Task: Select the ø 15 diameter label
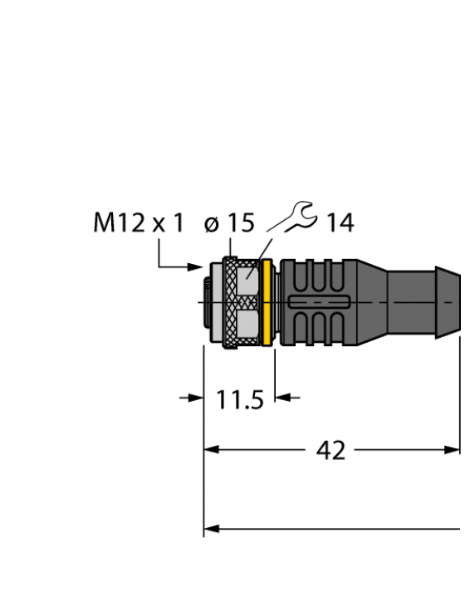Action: pyautogui.click(x=228, y=222)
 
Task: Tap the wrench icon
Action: pyautogui.click(x=296, y=217)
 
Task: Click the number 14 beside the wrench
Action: pyautogui.click(x=339, y=222)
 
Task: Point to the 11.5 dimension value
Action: pyautogui.click(x=240, y=400)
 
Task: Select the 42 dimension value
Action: pyautogui.click(x=331, y=450)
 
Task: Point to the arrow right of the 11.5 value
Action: pyautogui.click(x=286, y=398)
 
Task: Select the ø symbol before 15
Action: pyautogui.click(x=212, y=223)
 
